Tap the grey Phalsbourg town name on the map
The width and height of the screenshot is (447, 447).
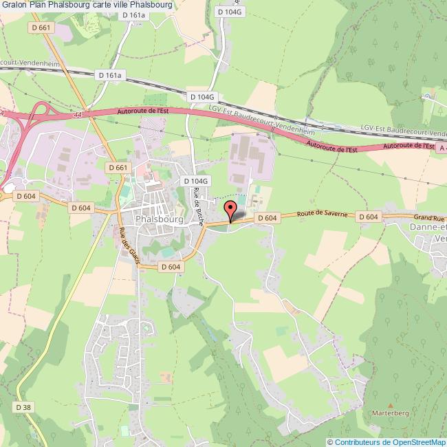tap(160, 219)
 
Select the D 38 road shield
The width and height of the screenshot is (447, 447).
tap(23, 407)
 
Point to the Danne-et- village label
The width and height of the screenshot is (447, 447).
tap(428, 228)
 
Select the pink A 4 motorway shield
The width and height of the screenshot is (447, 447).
tap(442, 147)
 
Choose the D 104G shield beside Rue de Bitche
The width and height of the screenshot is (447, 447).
tap(195, 181)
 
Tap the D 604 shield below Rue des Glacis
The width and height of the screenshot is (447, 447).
tap(169, 267)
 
